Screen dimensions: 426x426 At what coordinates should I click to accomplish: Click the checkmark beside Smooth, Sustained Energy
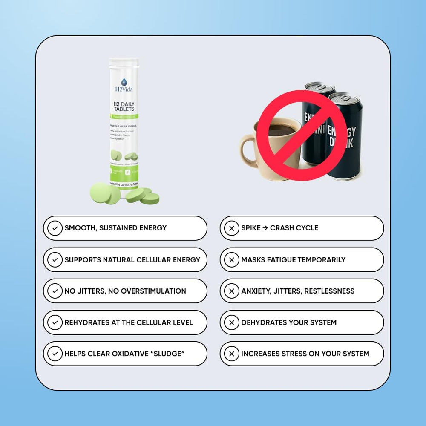coord(55,228)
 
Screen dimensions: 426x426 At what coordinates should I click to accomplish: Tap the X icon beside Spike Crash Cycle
coord(231,228)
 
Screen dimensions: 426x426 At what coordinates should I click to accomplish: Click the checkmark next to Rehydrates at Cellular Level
coord(55,323)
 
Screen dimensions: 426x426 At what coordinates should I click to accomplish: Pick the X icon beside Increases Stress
coord(231,354)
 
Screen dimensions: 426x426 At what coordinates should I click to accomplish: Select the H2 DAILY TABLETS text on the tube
coord(124,106)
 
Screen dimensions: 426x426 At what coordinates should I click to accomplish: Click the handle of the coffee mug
coord(247,149)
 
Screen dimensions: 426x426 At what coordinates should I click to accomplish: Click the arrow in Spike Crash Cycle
coord(265,228)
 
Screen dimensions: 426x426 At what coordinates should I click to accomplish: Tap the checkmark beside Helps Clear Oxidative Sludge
coord(55,354)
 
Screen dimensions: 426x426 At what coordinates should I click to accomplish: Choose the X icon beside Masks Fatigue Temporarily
coord(231,260)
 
